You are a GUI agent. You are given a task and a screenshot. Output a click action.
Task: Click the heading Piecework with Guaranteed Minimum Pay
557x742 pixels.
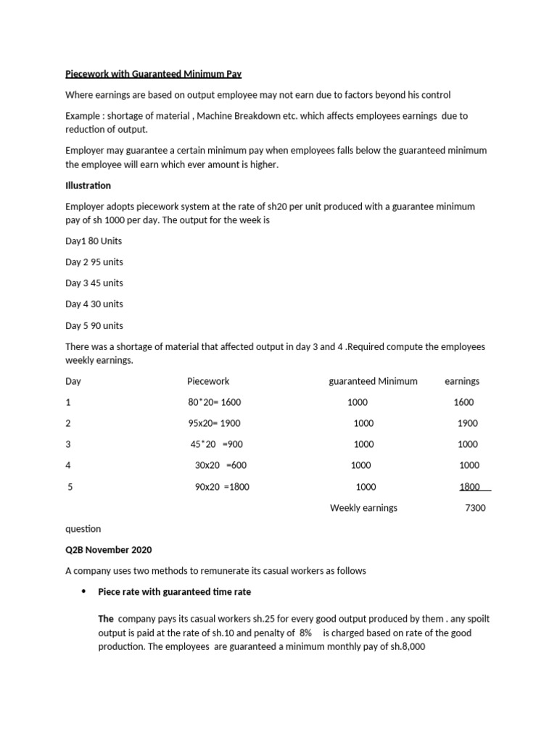coord(153,74)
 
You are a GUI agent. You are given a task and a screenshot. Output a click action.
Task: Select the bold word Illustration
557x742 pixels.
coord(88,185)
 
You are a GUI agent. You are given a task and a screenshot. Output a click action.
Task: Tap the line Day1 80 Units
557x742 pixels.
coord(94,241)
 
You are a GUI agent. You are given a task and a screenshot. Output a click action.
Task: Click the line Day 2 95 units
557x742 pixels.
coord(94,262)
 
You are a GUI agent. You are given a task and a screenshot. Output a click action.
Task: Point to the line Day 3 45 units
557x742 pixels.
coord(94,283)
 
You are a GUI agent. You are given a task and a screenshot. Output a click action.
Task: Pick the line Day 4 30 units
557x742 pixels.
coord(94,304)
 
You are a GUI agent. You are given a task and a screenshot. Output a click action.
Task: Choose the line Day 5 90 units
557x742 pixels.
coord(94,325)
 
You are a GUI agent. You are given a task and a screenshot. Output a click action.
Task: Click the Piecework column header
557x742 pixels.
coord(207,381)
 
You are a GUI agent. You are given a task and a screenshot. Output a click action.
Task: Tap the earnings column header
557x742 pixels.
coord(461,381)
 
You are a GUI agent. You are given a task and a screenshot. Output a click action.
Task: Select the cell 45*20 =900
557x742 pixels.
coord(216,444)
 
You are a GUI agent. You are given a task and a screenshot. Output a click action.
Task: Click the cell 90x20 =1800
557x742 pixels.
coord(222,487)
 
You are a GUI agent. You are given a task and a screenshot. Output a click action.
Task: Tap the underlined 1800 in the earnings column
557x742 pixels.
coord(470,487)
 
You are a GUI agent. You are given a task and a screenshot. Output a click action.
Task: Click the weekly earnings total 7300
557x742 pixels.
coord(475,508)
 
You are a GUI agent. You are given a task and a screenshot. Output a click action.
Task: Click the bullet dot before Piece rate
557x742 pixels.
coord(83,592)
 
